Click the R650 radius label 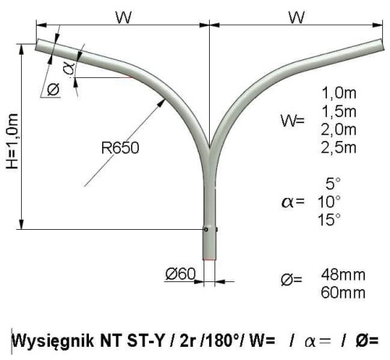[120, 148]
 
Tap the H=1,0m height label [12, 141]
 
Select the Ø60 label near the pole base [180, 274]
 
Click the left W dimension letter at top [123, 17]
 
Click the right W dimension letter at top [296, 17]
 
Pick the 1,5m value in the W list [339, 111]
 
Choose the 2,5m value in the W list [339, 148]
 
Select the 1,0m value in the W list [339, 93]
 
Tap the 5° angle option [333, 183]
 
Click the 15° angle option [329, 220]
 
